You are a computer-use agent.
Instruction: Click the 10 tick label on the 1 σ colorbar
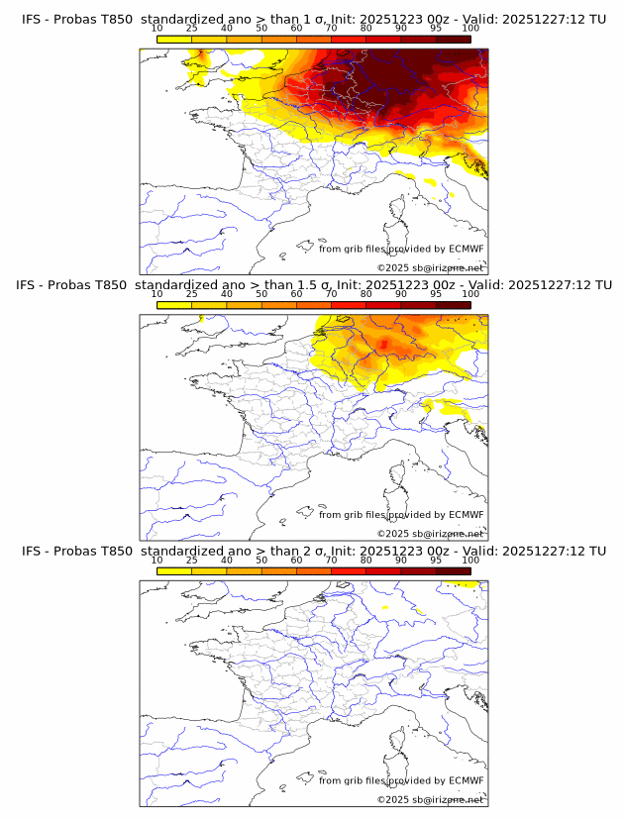point(157,28)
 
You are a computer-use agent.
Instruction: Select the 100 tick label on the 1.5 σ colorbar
point(470,294)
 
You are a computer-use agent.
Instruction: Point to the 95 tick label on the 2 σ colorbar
point(436,560)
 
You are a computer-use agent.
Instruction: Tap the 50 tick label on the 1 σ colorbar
point(261,28)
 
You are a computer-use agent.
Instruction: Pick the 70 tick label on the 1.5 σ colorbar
point(331,294)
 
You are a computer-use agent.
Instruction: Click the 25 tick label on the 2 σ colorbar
point(191,560)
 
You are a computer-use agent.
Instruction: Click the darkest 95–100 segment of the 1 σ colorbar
point(454,39)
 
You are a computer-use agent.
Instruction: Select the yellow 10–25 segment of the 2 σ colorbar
point(174,570)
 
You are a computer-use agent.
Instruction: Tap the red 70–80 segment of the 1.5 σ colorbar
point(349,305)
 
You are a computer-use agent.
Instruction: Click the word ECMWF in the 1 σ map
point(467,249)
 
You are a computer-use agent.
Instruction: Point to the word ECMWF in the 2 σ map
point(467,780)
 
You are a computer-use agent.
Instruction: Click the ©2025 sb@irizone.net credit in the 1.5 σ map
point(430,534)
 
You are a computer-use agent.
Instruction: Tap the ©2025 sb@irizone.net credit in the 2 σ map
point(430,799)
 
